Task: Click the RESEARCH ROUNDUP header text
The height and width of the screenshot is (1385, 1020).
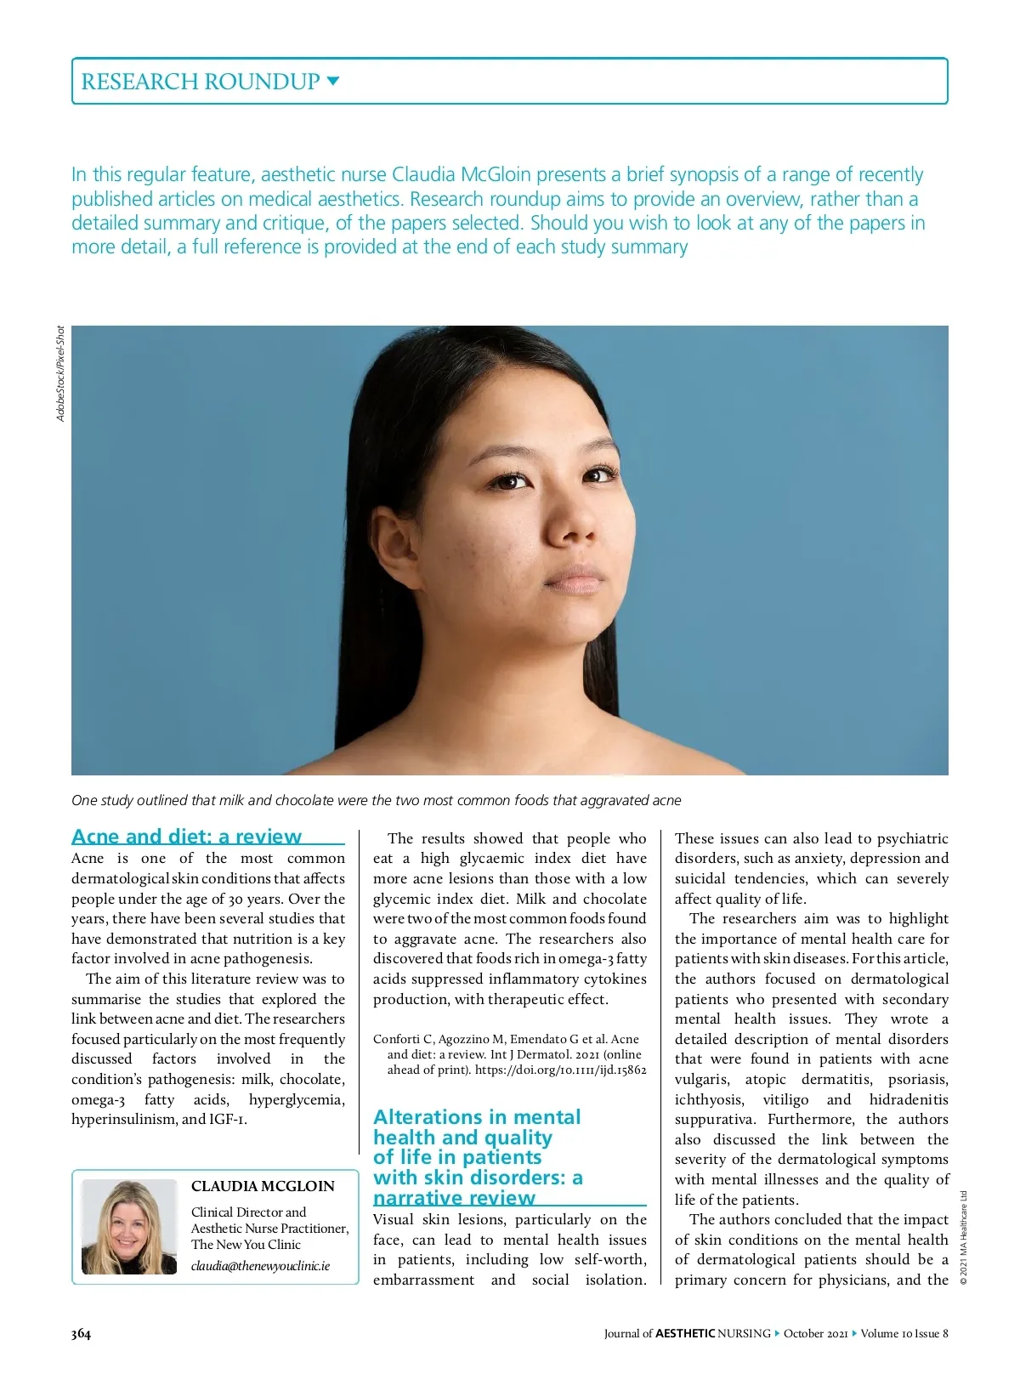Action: point(200,82)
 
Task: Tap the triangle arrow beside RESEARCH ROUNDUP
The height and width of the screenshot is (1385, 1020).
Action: point(333,82)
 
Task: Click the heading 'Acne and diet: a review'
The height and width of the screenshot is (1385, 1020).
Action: point(187,836)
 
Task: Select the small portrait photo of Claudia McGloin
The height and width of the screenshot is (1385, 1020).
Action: point(129,1226)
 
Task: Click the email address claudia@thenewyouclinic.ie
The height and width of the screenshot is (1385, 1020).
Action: point(260,1266)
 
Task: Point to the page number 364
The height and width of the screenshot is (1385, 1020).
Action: point(81,1333)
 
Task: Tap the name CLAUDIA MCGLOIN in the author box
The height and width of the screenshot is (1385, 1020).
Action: point(263,1186)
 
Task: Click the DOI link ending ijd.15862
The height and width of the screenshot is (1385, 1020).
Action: point(560,1070)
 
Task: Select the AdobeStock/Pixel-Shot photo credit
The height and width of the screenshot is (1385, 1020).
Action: point(60,373)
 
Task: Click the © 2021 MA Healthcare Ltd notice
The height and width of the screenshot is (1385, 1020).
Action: point(964,1238)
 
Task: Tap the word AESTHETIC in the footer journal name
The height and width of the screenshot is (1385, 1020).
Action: point(685,1333)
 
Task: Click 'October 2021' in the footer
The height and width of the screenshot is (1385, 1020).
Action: point(815,1333)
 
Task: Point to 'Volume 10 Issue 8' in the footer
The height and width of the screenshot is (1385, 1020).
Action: point(904,1333)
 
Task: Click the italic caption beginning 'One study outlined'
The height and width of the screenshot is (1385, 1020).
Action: point(376,800)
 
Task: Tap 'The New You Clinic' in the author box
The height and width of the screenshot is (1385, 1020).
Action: point(246,1244)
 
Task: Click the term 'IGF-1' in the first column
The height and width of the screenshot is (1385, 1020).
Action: point(228,1119)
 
